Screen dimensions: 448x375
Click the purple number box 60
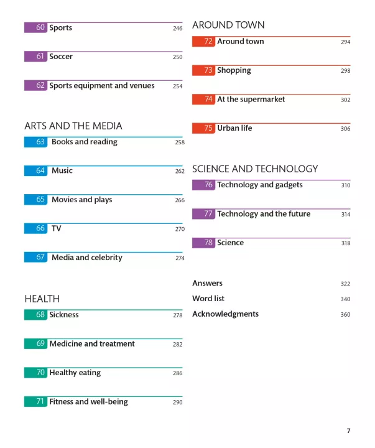pyautogui.click(x=35, y=28)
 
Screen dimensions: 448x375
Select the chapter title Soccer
pyautogui.click(x=61, y=57)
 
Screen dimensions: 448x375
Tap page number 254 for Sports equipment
pyautogui.click(x=178, y=86)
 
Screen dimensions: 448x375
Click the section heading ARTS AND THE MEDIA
pyautogui.click(x=73, y=126)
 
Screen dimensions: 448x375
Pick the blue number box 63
pyautogui.click(x=35, y=142)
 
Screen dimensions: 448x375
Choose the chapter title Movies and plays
pyautogui.click(x=81, y=200)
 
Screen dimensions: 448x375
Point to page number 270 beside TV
pyautogui.click(x=180, y=229)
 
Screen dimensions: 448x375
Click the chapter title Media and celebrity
pyautogui.click(x=86, y=258)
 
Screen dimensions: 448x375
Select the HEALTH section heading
pyautogui.click(x=42, y=299)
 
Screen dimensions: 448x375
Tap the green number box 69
pyautogui.click(x=35, y=343)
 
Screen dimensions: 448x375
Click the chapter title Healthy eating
pyautogui.click(x=75, y=373)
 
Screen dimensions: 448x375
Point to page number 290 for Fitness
pyautogui.click(x=178, y=402)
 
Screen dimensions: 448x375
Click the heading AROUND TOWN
pyautogui.click(x=228, y=26)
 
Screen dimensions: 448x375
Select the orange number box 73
pyautogui.click(x=203, y=70)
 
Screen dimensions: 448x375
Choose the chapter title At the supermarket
pyautogui.click(x=251, y=100)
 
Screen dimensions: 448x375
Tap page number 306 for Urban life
pyautogui.click(x=345, y=129)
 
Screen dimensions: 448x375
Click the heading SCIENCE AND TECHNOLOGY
pyautogui.click(x=255, y=169)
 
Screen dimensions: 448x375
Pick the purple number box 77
pyautogui.click(x=203, y=214)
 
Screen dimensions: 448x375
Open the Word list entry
pyautogui.click(x=208, y=299)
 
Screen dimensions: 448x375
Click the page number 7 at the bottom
pyautogui.click(x=348, y=431)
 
